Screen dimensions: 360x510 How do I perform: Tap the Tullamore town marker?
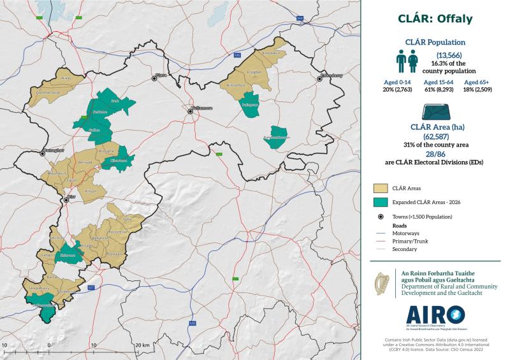click(190, 112)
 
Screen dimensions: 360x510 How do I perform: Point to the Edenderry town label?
click(331, 75)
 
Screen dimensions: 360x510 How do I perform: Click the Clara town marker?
click(154, 78)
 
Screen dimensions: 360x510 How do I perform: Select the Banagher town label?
click(53, 150)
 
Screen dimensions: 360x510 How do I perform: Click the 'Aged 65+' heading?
click(477, 83)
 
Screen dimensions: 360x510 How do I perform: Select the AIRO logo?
click(435, 315)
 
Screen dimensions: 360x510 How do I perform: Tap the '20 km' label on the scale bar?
click(142, 345)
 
